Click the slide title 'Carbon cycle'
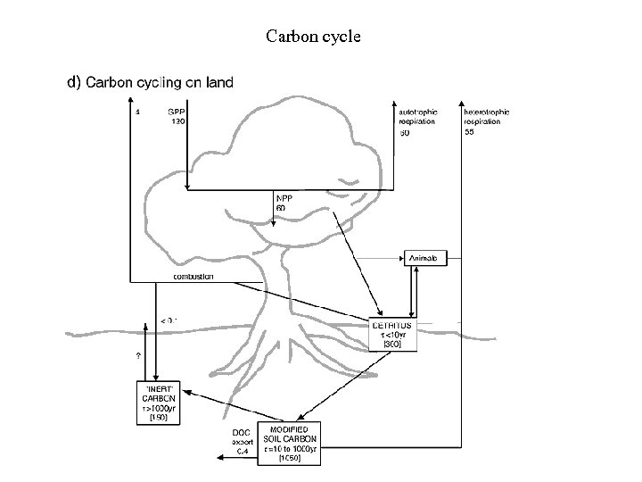313,37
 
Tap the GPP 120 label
178,117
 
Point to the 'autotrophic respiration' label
416,117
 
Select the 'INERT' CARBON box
156,403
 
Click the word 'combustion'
193,277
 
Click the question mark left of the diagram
137,354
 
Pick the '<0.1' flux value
168,320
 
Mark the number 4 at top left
137,112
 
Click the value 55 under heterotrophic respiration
469,132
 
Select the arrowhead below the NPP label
272,226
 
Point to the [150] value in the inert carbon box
156,419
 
